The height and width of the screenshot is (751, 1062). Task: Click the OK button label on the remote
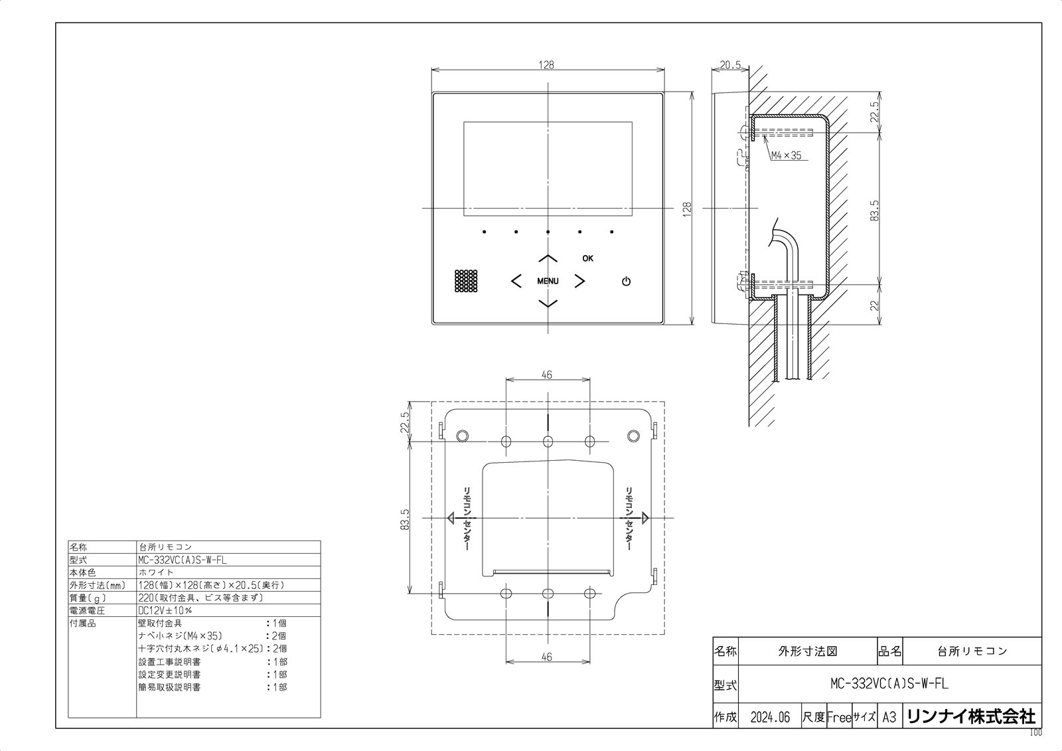(588, 258)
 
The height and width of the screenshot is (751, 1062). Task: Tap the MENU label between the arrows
(548, 281)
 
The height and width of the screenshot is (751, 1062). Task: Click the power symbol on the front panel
(626, 282)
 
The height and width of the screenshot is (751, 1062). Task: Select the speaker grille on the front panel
(466, 281)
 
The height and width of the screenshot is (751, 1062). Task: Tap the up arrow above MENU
(548, 258)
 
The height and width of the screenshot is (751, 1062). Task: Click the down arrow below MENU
(548, 303)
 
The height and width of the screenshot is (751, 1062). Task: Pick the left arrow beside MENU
(516, 281)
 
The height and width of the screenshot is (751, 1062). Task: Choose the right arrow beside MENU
(579, 281)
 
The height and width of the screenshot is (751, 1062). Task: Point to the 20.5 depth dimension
(729, 65)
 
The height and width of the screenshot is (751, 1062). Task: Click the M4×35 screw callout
(786, 156)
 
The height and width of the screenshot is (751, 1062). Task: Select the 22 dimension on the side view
(873, 305)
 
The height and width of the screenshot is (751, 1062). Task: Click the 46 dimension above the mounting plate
(546, 375)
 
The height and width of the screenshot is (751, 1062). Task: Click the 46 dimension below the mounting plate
(546, 657)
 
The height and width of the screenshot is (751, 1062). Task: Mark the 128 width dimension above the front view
(546, 65)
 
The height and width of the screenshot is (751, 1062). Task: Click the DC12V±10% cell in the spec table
(165, 610)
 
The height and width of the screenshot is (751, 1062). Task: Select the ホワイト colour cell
(156, 572)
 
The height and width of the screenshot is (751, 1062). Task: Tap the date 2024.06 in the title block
(770, 717)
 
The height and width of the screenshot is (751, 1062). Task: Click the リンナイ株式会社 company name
(970, 716)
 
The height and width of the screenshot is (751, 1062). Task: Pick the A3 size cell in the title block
(889, 717)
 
